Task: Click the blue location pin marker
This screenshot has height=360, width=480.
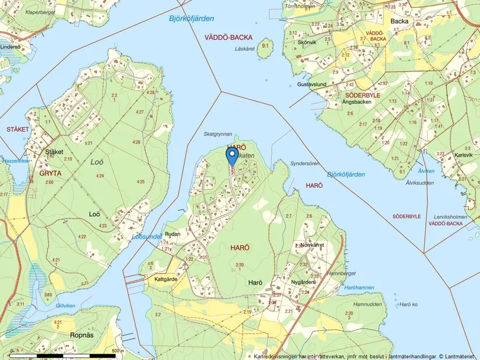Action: pos(232,156)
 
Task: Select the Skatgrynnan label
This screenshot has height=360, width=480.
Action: pos(218,134)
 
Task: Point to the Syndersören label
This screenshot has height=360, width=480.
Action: pos(305,163)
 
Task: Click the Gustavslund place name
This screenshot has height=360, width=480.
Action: pos(311,84)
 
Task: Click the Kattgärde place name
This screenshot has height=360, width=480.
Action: pos(166,279)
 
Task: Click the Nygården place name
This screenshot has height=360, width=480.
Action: pos(303,282)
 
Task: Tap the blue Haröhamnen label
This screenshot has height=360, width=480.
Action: pos(358,288)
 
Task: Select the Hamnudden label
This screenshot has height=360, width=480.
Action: pos(367,304)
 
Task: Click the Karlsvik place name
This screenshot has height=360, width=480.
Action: pos(464,155)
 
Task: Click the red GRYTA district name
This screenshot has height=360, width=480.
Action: pos(49,173)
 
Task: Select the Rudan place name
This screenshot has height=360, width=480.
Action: pos(173,234)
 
